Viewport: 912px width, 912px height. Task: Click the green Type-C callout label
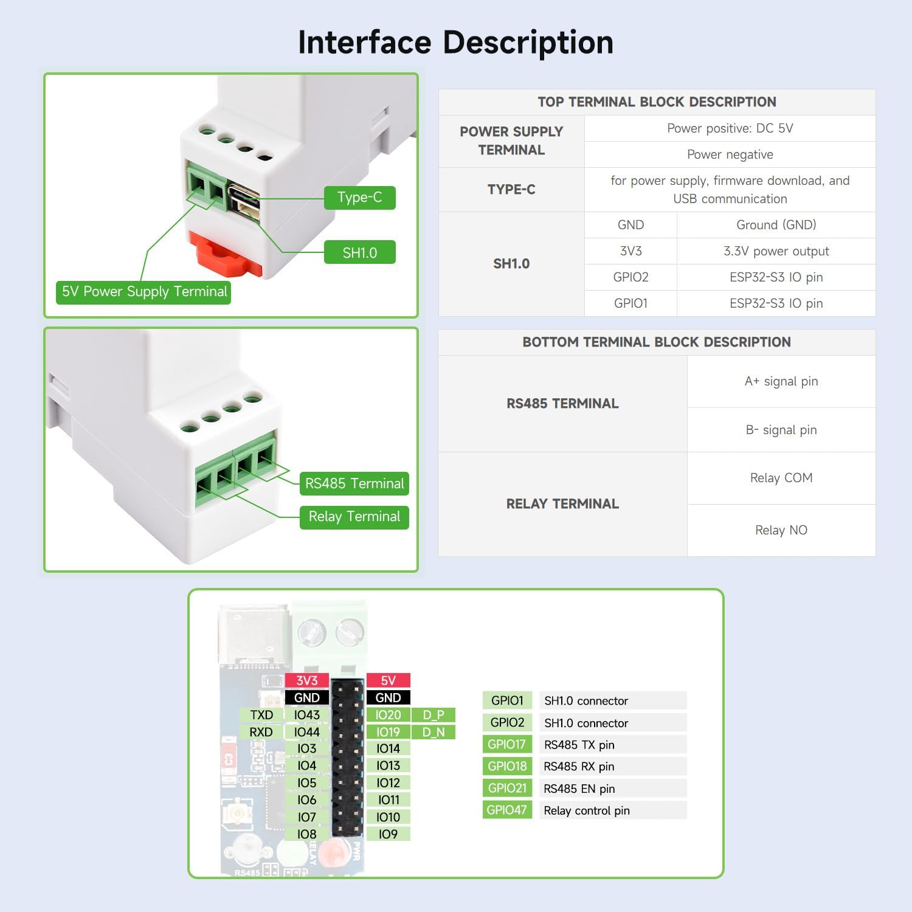coord(359,198)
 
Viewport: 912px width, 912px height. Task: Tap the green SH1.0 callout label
coord(359,252)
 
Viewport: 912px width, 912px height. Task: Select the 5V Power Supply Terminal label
coord(144,292)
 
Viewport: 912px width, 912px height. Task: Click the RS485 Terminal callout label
coord(354,483)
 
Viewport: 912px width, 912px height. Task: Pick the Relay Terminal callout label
coord(354,517)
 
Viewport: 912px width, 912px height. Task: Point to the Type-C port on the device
coord(243,197)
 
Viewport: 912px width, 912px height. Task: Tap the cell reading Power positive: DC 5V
coord(730,128)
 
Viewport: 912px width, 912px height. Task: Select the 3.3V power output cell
coord(776,251)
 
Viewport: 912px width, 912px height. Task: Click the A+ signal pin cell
coord(781,381)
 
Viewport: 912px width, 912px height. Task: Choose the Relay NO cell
coord(781,530)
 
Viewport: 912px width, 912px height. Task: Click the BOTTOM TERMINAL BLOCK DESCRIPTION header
coord(657,342)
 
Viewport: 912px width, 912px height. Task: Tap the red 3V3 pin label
coord(306,680)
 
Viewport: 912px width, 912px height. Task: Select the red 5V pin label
coord(388,680)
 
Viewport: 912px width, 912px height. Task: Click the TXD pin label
coord(261,715)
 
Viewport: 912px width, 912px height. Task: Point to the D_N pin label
coord(433,732)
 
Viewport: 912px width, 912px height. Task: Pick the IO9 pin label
coord(388,834)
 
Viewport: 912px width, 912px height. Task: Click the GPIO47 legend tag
coord(506,810)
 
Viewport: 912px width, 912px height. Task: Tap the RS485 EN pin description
coord(579,789)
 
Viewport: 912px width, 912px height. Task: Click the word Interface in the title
coord(364,43)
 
